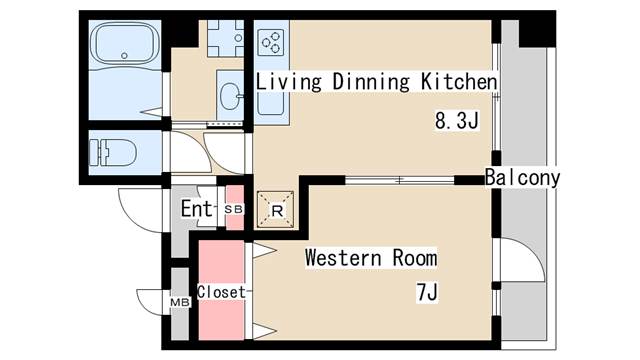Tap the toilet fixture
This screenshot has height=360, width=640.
click(x=112, y=153)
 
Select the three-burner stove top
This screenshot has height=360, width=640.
click(x=271, y=42)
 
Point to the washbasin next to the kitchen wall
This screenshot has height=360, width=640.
click(x=231, y=96)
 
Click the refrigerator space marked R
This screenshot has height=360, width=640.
click(x=276, y=209)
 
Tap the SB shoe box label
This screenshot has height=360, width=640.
click(x=234, y=209)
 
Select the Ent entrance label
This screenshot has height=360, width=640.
click(x=197, y=209)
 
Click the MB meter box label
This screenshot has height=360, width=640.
click(x=180, y=302)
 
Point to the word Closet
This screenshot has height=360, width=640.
click(x=222, y=292)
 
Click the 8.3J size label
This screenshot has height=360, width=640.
click(x=456, y=121)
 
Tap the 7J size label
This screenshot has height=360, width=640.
click(x=427, y=292)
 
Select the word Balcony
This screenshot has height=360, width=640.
click(x=522, y=178)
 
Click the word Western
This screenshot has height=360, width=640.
click(x=343, y=258)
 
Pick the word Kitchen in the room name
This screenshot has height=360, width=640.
click(x=459, y=81)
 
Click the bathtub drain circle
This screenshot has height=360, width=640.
click(x=124, y=56)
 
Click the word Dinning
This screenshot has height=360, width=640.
click(x=371, y=81)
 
